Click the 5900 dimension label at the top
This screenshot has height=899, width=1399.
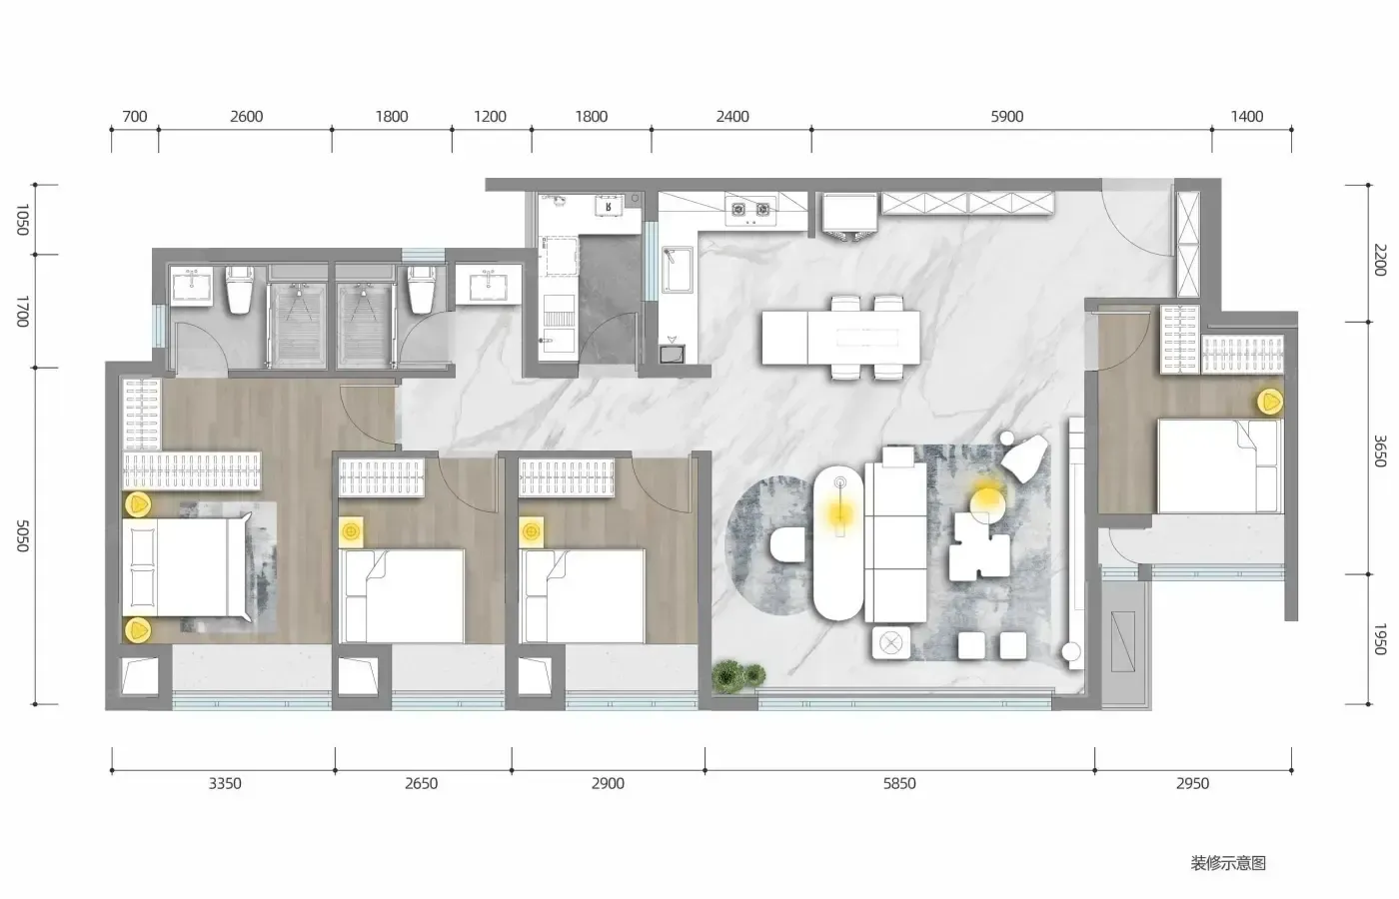coord(1007,117)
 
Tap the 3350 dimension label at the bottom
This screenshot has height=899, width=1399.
coord(225,783)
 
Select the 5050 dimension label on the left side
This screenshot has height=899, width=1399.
coord(22,536)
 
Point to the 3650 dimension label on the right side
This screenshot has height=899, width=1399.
coord(1380,450)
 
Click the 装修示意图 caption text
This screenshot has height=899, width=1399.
coord(1228,863)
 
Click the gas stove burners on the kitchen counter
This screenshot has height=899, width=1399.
coord(750,210)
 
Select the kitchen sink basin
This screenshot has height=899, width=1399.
coord(678,269)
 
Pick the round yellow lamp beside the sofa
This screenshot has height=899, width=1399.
coord(987,501)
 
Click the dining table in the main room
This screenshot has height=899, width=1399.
coord(840,338)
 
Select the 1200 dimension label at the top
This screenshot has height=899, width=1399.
coord(490,117)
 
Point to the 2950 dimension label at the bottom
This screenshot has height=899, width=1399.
coord(1192,783)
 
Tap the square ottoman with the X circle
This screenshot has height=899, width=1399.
coord(891,643)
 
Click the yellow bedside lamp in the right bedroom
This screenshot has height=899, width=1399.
coord(1270,402)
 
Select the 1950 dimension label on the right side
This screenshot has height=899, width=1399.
coord(1380,639)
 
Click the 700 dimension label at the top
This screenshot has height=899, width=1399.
coord(134,117)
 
